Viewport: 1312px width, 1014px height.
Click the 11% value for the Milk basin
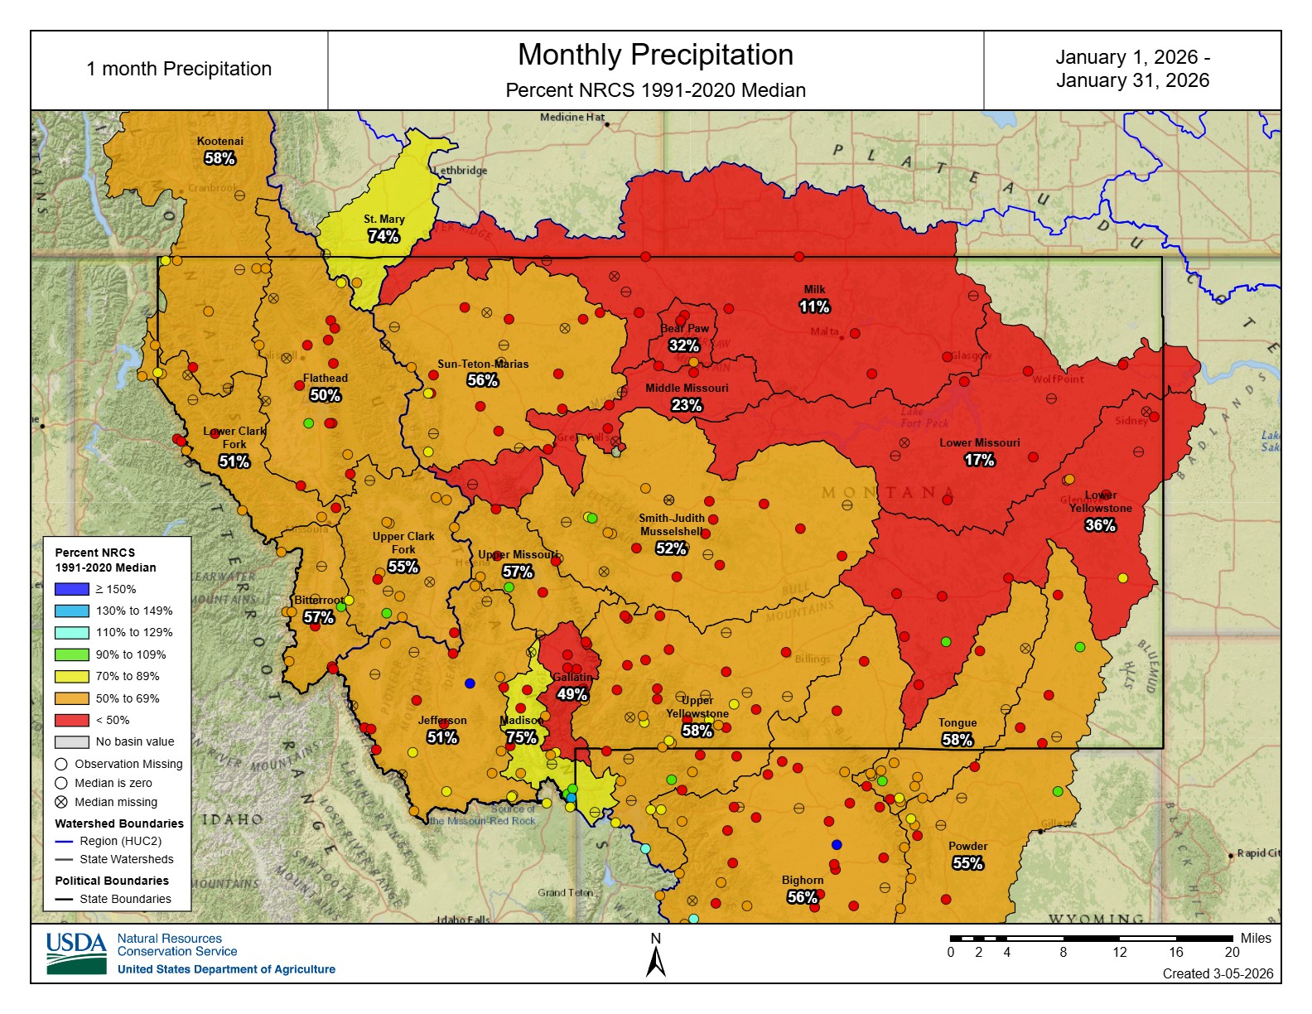(x=813, y=307)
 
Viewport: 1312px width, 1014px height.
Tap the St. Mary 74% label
(x=383, y=236)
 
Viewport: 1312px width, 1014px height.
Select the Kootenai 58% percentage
(x=219, y=158)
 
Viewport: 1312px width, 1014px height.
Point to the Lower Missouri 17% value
(x=979, y=460)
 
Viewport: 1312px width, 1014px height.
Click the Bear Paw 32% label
(x=683, y=345)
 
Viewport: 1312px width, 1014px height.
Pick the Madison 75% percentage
(x=521, y=737)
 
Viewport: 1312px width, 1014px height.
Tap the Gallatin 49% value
(x=572, y=694)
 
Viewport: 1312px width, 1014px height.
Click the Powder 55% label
(x=967, y=863)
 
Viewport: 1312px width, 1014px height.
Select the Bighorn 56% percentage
(x=802, y=897)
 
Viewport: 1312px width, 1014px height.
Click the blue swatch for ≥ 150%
(x=71, y=589)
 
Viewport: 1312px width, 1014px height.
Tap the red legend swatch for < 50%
(x=71, y=720)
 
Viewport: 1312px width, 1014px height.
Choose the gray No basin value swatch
(x=71, y=741)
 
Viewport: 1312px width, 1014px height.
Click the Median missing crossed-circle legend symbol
(x=61, y=802)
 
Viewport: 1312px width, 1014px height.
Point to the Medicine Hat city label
(x=572, y=117)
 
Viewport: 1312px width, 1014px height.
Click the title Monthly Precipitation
(x=655, y=55)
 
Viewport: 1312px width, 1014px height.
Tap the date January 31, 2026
(x=1132, y=80)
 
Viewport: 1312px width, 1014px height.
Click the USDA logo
(x=76, y=953)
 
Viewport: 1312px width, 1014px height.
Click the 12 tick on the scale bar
(x=1119, y=952)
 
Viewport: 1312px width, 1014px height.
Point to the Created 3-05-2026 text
(x=1218, y=973)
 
